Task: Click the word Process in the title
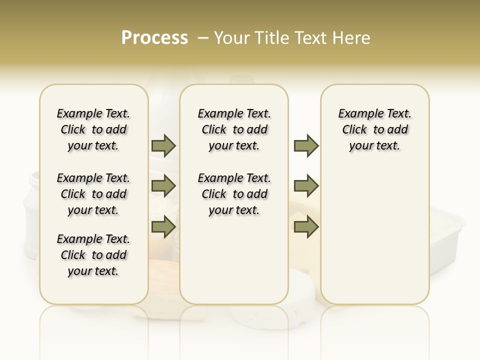pos(154,38)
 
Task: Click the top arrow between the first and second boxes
pos(163,145)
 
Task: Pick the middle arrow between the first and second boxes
pos(163,186)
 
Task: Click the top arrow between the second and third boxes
pos(306,145)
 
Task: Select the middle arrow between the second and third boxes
pos(306,186)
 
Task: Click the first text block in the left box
pos(93,129)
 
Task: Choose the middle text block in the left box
pos(93,194)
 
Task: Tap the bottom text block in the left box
pos(93,255)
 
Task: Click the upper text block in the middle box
pos(234,129)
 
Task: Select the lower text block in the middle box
pos(234,194)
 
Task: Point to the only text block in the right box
pos(374,129)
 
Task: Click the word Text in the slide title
pos(311,38)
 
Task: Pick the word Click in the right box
pos(354,130)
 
